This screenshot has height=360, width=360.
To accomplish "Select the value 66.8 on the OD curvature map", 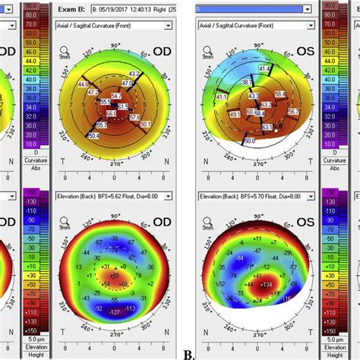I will point(111,113).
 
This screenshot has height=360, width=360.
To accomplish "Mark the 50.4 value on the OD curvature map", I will point(93,135).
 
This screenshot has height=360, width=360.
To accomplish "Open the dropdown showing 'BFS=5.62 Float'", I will point(114,196).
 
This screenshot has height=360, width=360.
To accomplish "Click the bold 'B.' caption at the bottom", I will point(188,354).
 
